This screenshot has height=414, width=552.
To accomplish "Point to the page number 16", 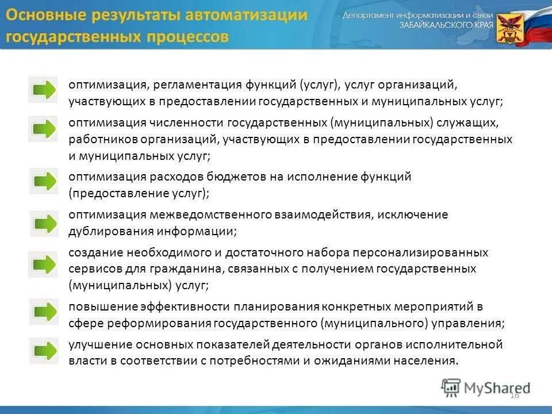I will tap(514, 394).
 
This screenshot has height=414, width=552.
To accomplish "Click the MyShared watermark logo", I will tap(485, 388).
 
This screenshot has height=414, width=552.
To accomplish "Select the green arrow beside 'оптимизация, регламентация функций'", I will tap(43, 90).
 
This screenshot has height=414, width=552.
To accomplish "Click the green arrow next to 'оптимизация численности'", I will tap(43, 128).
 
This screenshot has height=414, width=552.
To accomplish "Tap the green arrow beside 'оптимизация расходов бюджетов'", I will tap(44, 182).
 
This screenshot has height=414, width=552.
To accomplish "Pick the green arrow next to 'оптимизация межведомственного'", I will tap(44, 224).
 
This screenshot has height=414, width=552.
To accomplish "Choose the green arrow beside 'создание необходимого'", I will tap(43, 264).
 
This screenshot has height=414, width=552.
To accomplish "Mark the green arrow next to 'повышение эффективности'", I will tap(44, 312).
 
